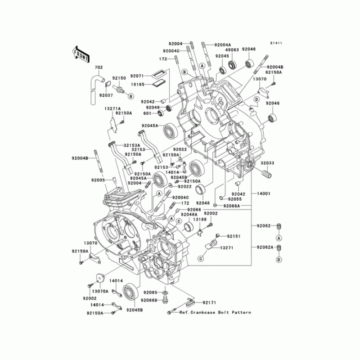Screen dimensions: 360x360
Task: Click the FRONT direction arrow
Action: (79, 54)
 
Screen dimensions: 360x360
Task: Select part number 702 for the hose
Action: (98, 67)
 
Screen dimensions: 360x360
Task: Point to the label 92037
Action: (106, 95)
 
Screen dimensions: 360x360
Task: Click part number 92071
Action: (138, 76)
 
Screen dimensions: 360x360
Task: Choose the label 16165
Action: (138, 84)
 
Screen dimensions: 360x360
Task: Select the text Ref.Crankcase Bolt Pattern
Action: (215, 312)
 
